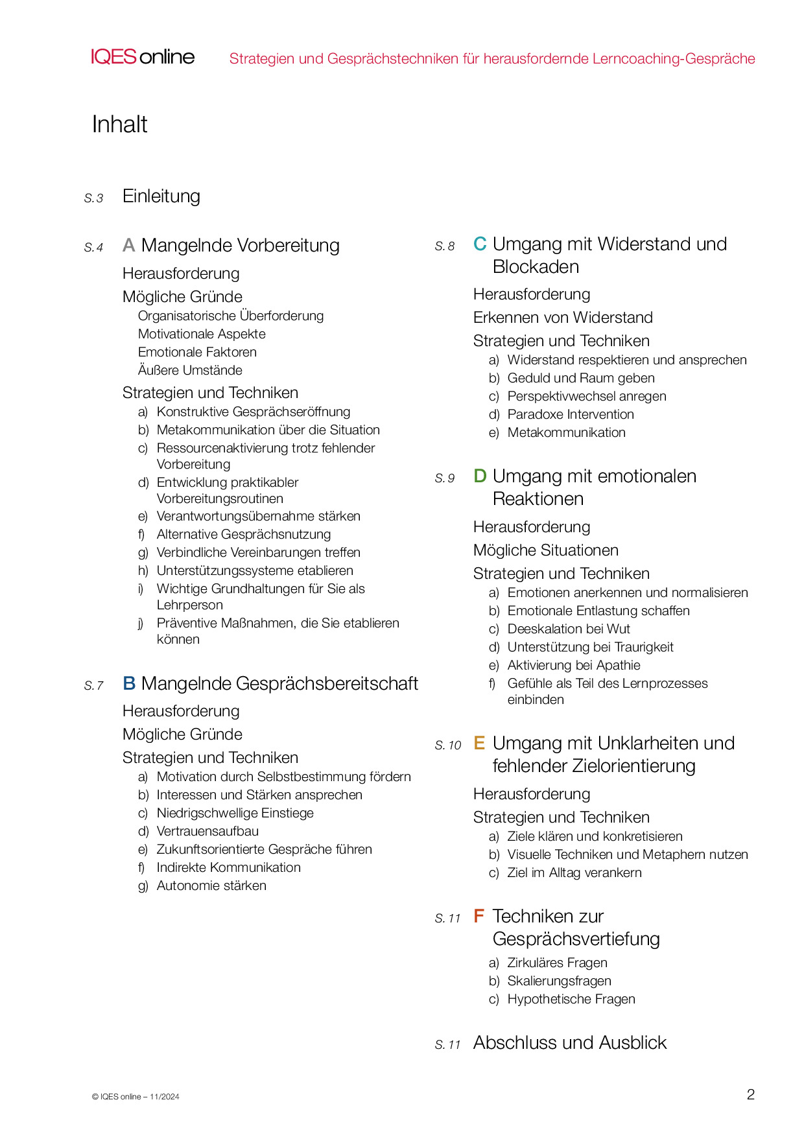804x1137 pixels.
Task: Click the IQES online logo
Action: click(x=143, y=57)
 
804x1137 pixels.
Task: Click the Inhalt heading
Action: click(x=120, y=124)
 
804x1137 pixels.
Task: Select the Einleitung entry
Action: click(x=161, y=196)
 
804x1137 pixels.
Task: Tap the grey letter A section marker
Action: click(x=129, y=246)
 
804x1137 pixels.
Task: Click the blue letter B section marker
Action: click(x=129, y=683)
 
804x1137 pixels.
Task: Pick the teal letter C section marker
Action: click(x=480, y=244)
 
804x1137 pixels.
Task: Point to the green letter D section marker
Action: click(x=480, y=476)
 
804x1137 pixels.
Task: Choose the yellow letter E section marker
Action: click(x=479, y=743)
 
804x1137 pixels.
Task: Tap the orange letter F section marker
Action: click(x=479, y=916)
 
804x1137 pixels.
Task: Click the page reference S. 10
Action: click(x=448, y=745)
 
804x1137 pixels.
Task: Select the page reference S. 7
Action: click(x=94, y=686)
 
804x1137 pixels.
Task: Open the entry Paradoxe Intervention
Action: click(x=571, y=414)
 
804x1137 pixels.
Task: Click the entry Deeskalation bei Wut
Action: click(x=569, y=629)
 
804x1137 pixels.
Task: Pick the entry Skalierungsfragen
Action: click(x=559, y=981)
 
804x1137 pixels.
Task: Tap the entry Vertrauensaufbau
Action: click(x=207, y=831)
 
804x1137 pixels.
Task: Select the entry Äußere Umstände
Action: click(x=190, y=370)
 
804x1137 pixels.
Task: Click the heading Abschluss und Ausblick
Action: click(x=570, y=1042)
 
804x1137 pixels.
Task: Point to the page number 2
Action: click(x=751, y=1095)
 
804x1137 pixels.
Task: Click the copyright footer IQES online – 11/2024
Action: click(x=136, y=1097)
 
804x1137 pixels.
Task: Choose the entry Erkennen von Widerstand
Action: click(x=563, y=318)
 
